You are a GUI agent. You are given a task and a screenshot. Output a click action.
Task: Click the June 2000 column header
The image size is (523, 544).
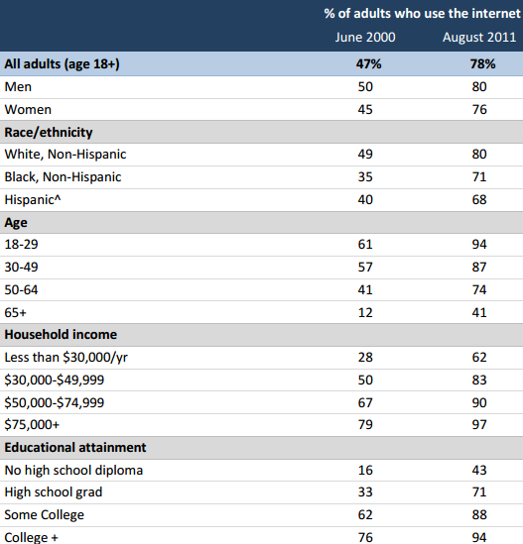coord(365,37)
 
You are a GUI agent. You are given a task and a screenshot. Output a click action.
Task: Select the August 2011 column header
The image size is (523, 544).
coord(479,38)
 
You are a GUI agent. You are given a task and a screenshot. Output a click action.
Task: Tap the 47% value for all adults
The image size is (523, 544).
coord(368,63)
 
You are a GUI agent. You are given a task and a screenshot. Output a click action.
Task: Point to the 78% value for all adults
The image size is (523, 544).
coord(482,63)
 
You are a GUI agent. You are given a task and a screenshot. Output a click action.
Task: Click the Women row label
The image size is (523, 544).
coord(28,110)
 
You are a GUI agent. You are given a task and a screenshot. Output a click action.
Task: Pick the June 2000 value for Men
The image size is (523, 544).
coord(365,87)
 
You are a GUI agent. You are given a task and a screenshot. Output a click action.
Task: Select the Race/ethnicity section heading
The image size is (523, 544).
coord(49,133)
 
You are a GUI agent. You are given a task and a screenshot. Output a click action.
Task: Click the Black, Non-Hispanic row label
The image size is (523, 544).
coord(63,177)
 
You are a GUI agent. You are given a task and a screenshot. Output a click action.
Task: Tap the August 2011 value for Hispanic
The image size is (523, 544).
coord(479,200)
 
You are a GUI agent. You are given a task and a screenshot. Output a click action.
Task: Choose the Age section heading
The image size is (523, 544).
coord(16,223)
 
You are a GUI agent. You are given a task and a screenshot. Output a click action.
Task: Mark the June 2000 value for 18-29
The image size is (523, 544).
coord(365,244)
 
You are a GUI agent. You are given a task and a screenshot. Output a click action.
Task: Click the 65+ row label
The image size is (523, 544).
coord(15,312)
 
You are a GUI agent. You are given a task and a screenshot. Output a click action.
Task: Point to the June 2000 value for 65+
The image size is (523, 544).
coord(365,312)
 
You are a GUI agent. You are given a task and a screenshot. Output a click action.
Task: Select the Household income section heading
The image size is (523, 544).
coord(61,335)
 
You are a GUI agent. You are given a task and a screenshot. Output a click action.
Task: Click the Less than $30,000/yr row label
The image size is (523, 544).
coord(66,358)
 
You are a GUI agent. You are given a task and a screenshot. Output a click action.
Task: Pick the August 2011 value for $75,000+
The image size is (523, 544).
coord(479,424)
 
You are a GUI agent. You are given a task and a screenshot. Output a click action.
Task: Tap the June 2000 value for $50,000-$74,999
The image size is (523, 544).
coord(365,402)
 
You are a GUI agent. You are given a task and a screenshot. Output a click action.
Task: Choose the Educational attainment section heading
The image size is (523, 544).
coord(75,448)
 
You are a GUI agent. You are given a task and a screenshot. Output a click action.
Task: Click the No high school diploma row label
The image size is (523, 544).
coord(73,471)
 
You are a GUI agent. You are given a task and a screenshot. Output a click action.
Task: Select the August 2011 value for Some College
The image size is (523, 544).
coord(479,515)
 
